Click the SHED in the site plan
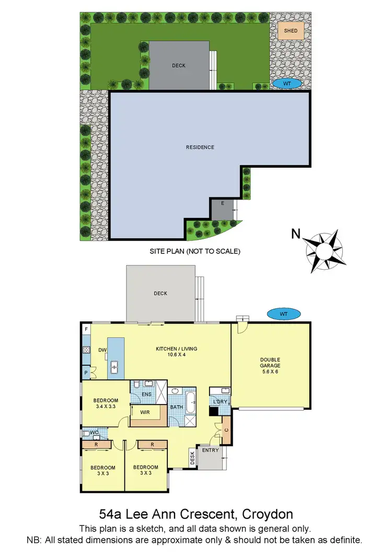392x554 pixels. point(291,31)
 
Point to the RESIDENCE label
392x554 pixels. point(200,147)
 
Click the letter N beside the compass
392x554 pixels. point(296,235)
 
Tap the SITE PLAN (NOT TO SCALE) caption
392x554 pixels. point(194,251)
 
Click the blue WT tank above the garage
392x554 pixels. point(284,314)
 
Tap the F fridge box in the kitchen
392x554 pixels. point(86,329)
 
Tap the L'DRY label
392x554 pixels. point(218,401)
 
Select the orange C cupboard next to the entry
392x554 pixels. point(226,430)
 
